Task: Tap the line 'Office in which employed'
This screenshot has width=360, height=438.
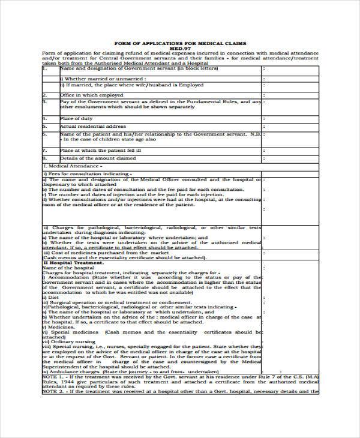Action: pos(91,95)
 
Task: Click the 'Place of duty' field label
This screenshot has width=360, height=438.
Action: pos(75,119)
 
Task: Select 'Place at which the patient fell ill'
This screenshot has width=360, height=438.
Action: pos(100,151)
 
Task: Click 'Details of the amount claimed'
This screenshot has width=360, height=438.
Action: pos(98,158)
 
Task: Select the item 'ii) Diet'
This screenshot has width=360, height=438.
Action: pos(51,296)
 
